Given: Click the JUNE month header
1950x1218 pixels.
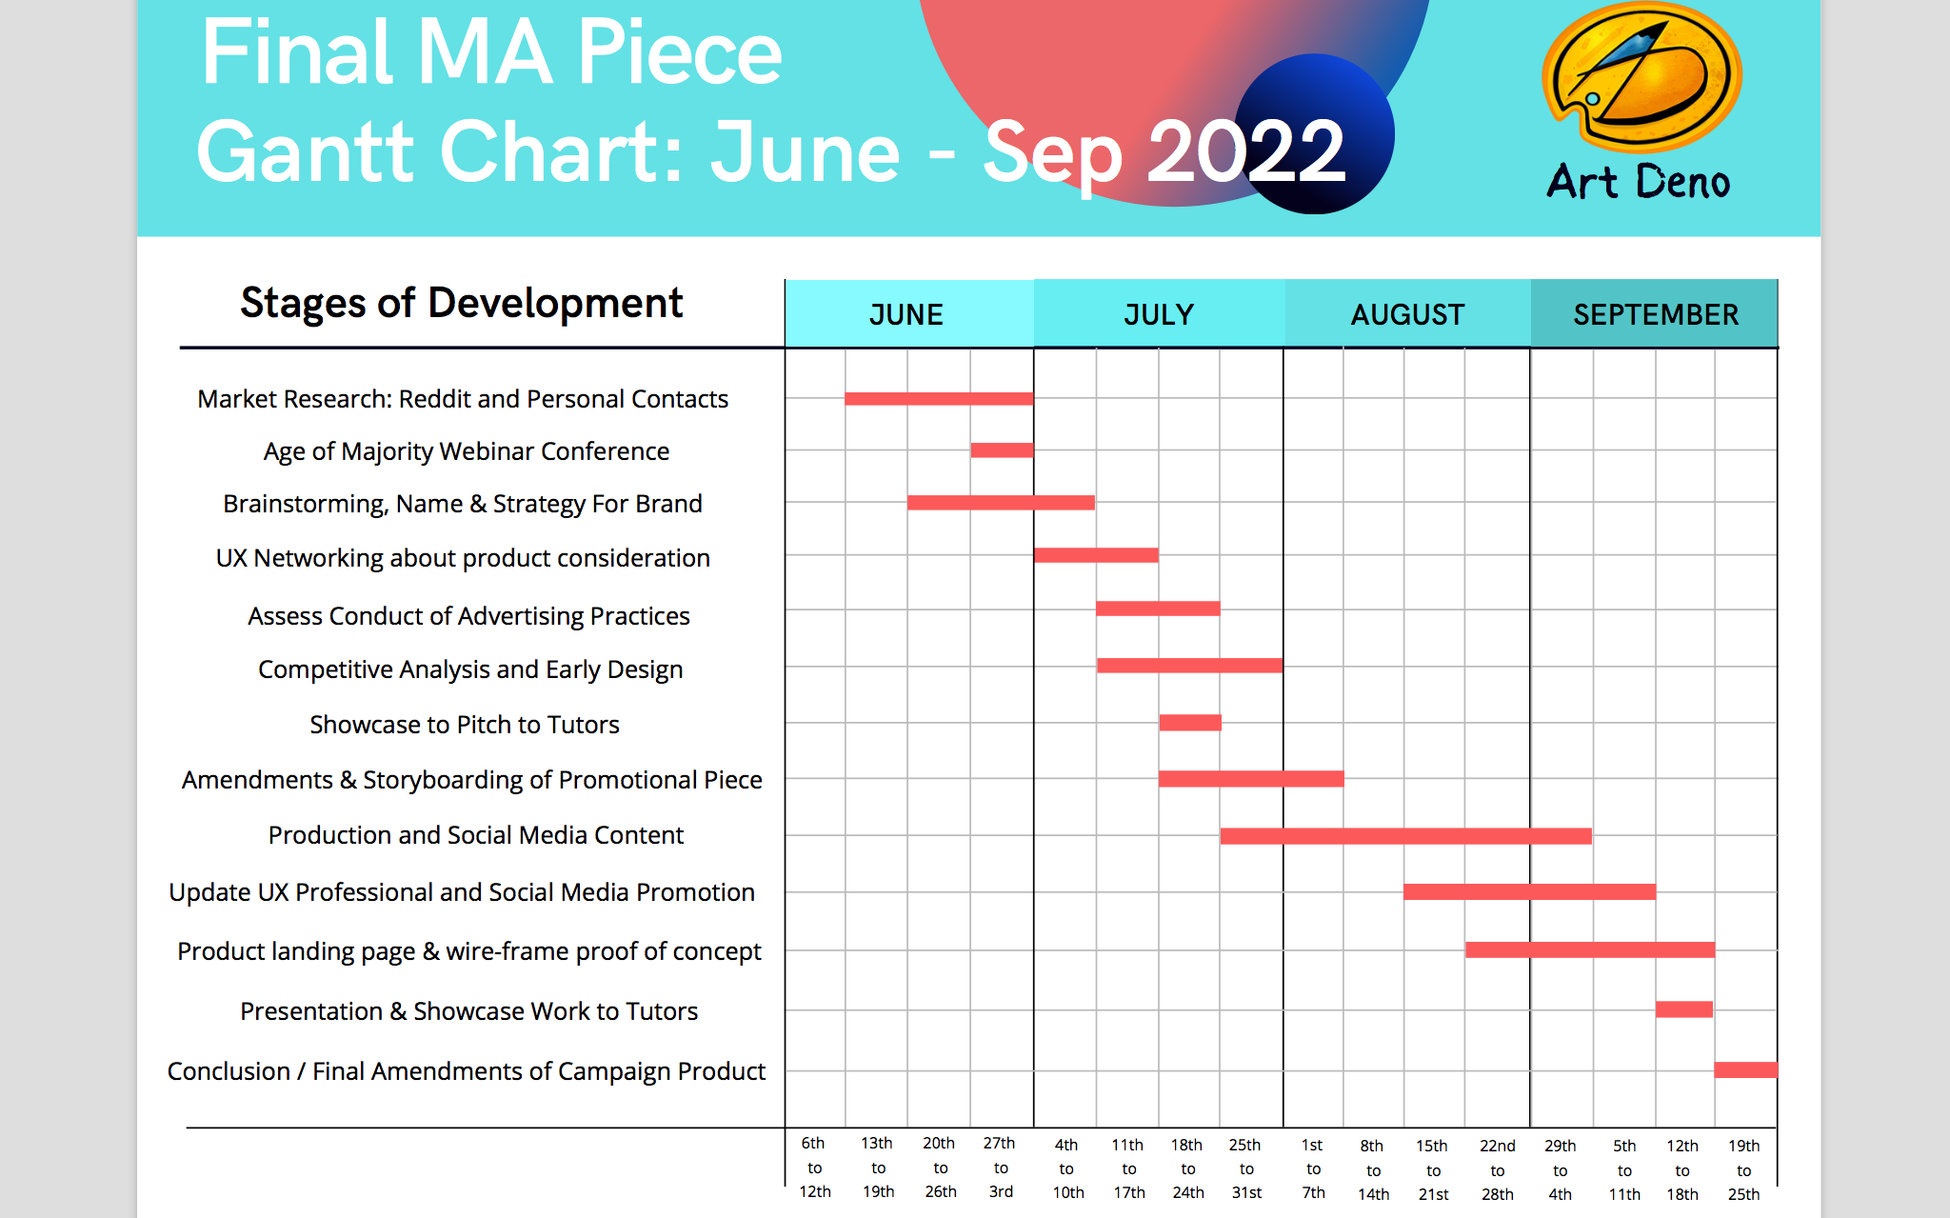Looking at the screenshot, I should (907, 314).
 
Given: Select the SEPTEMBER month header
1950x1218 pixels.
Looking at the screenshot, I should (1655, 314).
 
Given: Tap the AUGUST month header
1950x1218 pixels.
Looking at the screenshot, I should (1407, 314).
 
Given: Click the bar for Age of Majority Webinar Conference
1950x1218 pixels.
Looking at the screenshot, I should (1002, 450).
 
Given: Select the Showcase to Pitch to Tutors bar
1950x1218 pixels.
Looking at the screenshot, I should (1189, 723).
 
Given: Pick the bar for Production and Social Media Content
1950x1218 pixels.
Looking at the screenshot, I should (1405, 836).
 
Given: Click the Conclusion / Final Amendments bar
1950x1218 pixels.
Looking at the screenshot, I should (1745, 1069).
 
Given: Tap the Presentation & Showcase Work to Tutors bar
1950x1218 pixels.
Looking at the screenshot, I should (1683, 1009).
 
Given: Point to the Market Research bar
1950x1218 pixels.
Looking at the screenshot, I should (939, 398).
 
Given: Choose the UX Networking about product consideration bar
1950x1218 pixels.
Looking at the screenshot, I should (1096, 555).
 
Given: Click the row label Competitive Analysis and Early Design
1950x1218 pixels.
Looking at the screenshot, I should (470, 669).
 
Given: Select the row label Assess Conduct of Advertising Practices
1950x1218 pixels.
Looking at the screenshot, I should (468, 616).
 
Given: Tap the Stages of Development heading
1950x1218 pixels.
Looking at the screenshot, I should (462, 304).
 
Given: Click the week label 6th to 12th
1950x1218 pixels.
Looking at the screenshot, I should (815, 1168).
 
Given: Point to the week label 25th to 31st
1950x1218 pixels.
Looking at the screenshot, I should (1245, 1168).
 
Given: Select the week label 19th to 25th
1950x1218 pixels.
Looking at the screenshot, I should (1743, 1169).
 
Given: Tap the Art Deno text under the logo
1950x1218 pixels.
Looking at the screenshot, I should (1638, 182).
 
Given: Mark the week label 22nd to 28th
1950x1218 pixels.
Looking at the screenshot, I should (1497, 1169).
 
